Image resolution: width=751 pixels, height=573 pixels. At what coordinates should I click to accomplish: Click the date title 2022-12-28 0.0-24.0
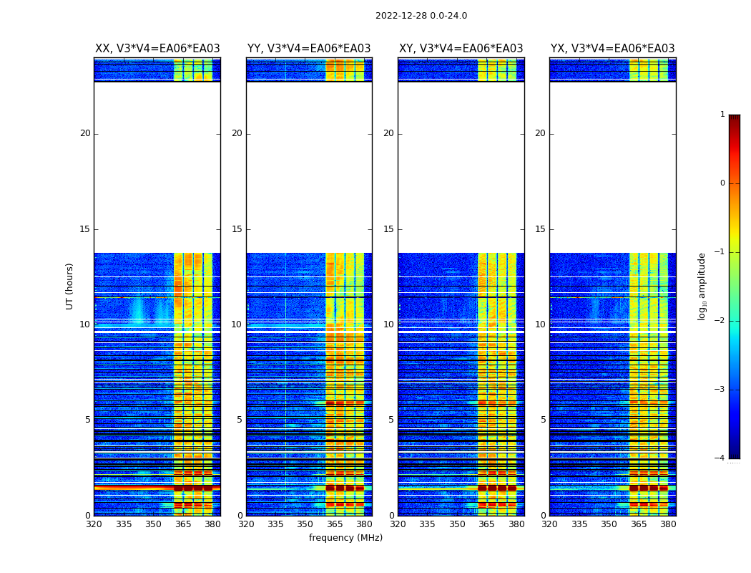tap(421, 16)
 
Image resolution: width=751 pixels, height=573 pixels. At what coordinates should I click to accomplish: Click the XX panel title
tap(157, 49)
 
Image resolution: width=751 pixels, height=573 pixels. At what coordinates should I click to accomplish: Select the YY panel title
tap(309, 49)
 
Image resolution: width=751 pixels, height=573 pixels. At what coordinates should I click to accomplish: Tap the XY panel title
tap(461, 49)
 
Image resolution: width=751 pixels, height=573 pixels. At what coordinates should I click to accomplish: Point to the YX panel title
tap(612, 49)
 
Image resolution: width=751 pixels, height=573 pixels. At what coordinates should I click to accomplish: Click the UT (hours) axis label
tap(70, 286)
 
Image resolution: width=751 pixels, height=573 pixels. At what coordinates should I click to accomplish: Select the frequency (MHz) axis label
tap(345, 538)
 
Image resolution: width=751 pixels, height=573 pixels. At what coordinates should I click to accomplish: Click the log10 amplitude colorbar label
tap(702, 286)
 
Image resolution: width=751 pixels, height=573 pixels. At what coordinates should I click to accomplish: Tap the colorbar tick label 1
tap(722, 115)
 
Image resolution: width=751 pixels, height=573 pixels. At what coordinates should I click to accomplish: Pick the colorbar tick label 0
tap(722, 183)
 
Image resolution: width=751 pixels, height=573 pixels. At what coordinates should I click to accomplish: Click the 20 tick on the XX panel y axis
tap(85, 133)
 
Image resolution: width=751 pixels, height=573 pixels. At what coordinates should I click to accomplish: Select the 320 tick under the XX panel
tap(94, 524)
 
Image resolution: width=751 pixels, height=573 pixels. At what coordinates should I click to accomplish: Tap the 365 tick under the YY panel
tap(335, 524)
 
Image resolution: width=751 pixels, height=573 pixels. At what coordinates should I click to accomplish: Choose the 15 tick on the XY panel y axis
tap(389, 229)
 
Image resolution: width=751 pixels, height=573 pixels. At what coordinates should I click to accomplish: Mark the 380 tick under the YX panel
tap(668, 524)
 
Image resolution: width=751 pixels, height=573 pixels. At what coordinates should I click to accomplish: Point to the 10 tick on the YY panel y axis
tap(237, 324)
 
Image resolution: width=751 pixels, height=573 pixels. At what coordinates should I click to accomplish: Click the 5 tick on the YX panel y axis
tap(544, 420)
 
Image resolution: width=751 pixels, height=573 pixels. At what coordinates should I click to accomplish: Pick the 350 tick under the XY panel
tap(457, 524)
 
